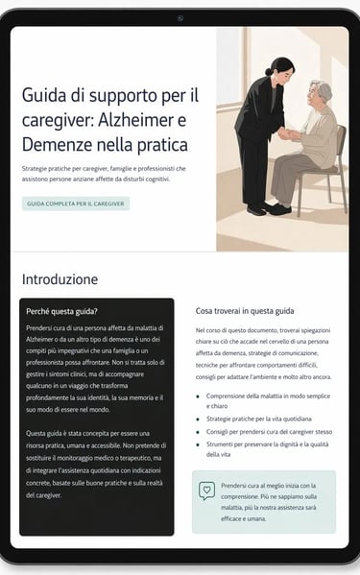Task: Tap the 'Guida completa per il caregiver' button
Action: [x=76, y=204]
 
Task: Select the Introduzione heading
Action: [x=60, y=279]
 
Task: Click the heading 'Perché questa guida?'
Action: [x=61, y=311]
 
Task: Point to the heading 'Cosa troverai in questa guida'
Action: [x=245, y=311]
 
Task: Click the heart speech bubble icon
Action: [x=206, y=491]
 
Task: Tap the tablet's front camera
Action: [x=180, y=18]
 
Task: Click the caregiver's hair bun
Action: [x=269, y=71]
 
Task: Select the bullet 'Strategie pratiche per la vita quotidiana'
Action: [x=259, y=419]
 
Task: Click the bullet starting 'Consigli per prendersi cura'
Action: [x=269, y=432]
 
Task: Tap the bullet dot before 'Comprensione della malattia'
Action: [x=198, y=396]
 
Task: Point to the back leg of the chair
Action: [x=344, y=191]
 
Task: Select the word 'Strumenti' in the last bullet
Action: [x=220, y=444]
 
